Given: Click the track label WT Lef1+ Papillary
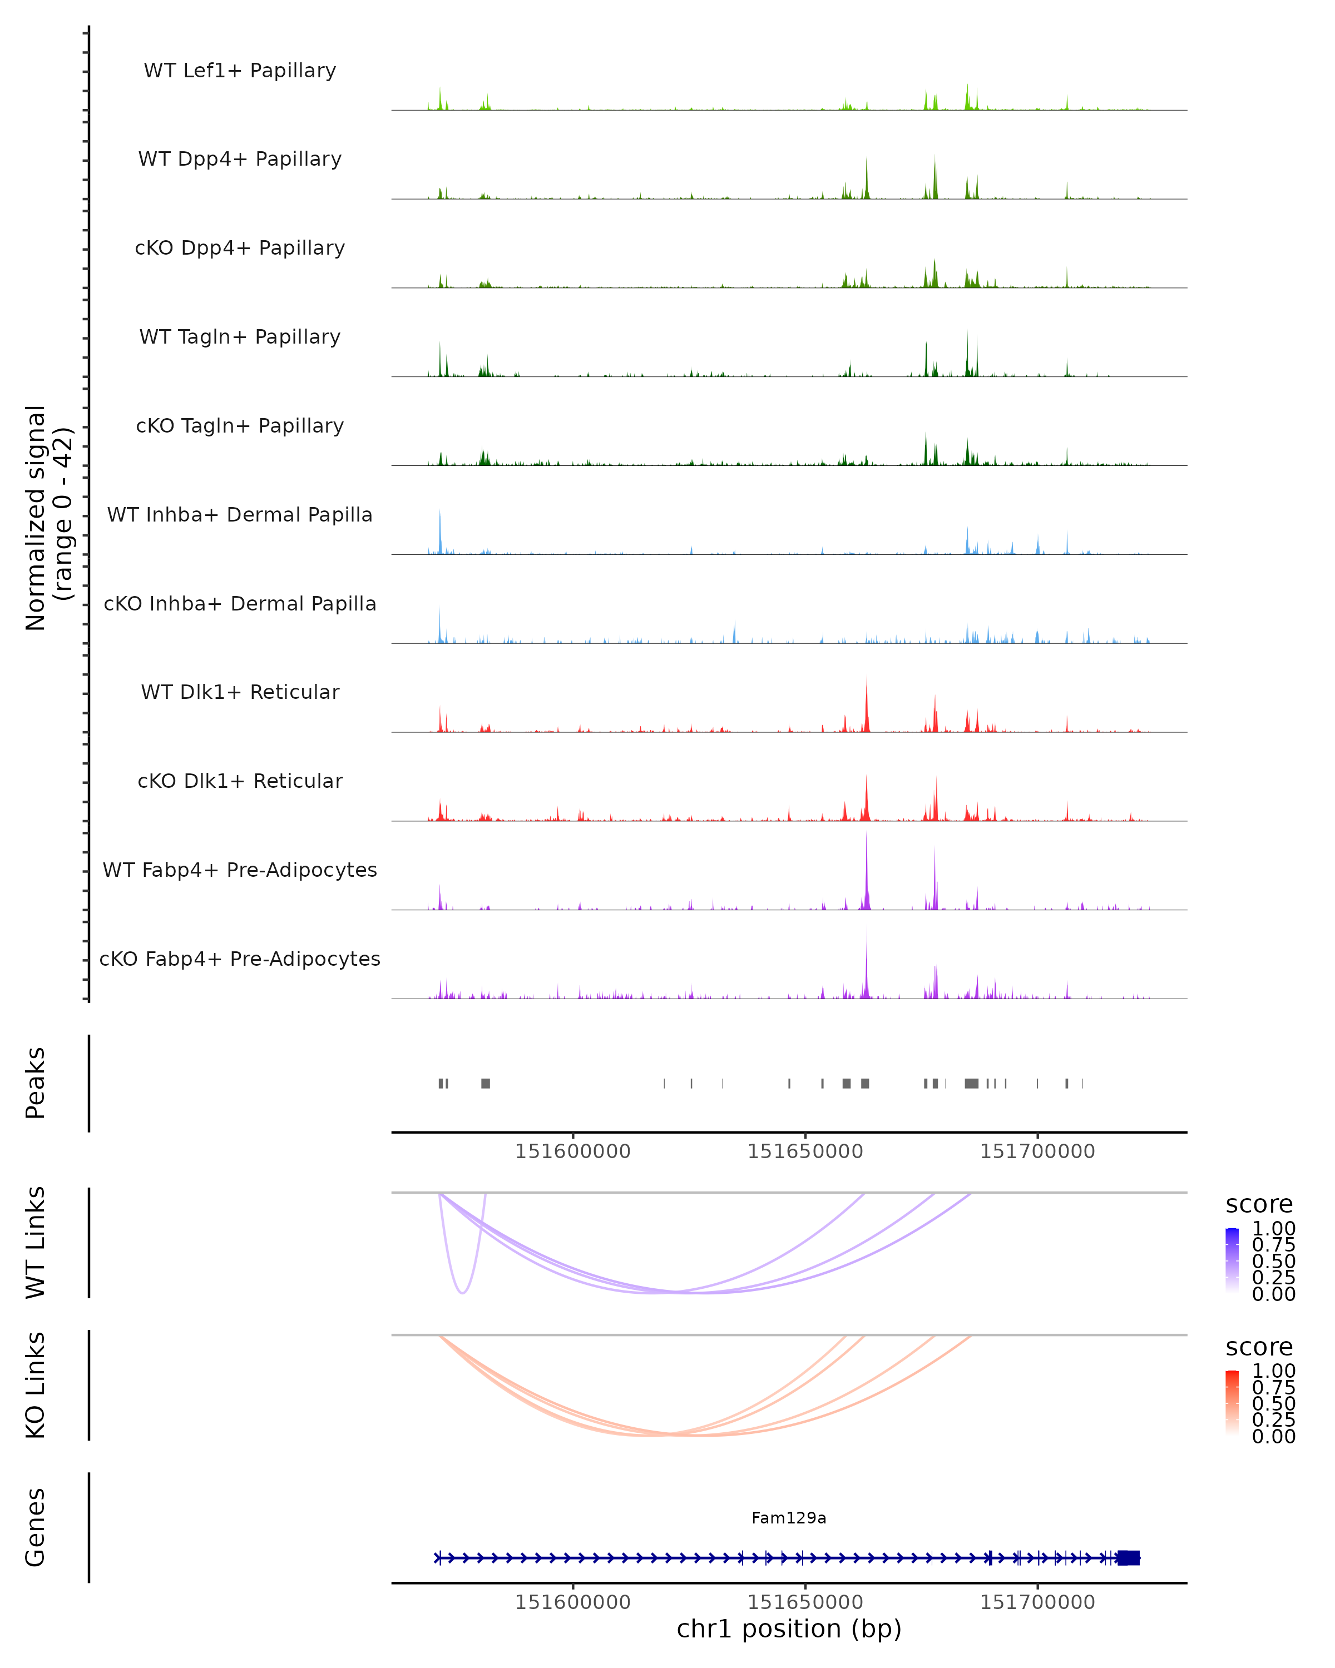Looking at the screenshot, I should click(240, 71).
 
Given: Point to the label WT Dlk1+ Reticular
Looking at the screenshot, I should click(240, 692).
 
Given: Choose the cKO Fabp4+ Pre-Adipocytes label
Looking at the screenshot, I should click(240, 959).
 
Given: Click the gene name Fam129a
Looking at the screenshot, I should click(789, 1518).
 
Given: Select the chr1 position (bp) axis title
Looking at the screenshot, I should click(789, 1629).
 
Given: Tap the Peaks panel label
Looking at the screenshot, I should click(36, 1083).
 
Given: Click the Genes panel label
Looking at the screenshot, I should click(36, 1527).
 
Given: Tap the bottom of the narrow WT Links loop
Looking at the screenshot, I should click(462, 1292).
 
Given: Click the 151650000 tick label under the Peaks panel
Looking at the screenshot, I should click(805, 1151).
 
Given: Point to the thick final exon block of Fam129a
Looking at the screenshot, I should click(1129, 1557).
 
